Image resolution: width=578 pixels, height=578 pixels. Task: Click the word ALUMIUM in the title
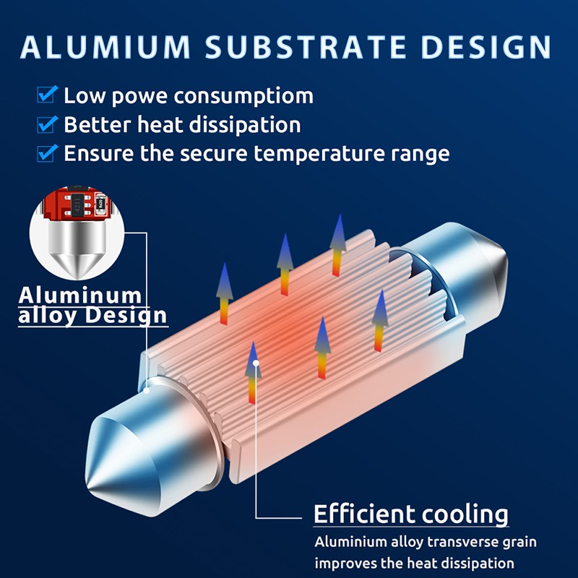point(105,47)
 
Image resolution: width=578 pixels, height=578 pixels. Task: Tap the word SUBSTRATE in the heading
point(306,47)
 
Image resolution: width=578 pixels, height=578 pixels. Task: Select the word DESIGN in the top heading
point(486,47)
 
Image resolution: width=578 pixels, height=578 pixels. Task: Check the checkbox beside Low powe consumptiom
point(47,95)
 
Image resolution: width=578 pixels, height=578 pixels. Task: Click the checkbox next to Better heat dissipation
point(47,124)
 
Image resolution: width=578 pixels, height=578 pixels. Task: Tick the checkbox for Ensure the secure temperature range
point(47,152)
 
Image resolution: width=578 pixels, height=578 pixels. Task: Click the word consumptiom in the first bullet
point(243,97)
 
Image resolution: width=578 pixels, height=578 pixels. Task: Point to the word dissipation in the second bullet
point(245,125)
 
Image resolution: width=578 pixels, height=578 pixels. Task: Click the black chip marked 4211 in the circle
point(77,204)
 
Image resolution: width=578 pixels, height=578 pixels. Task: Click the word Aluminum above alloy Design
point(80,296)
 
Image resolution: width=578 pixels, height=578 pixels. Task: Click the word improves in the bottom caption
point(346,564)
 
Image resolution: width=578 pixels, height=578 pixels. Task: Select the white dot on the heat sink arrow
point(256,363)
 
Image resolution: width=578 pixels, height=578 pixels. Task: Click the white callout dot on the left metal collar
point(147,390)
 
